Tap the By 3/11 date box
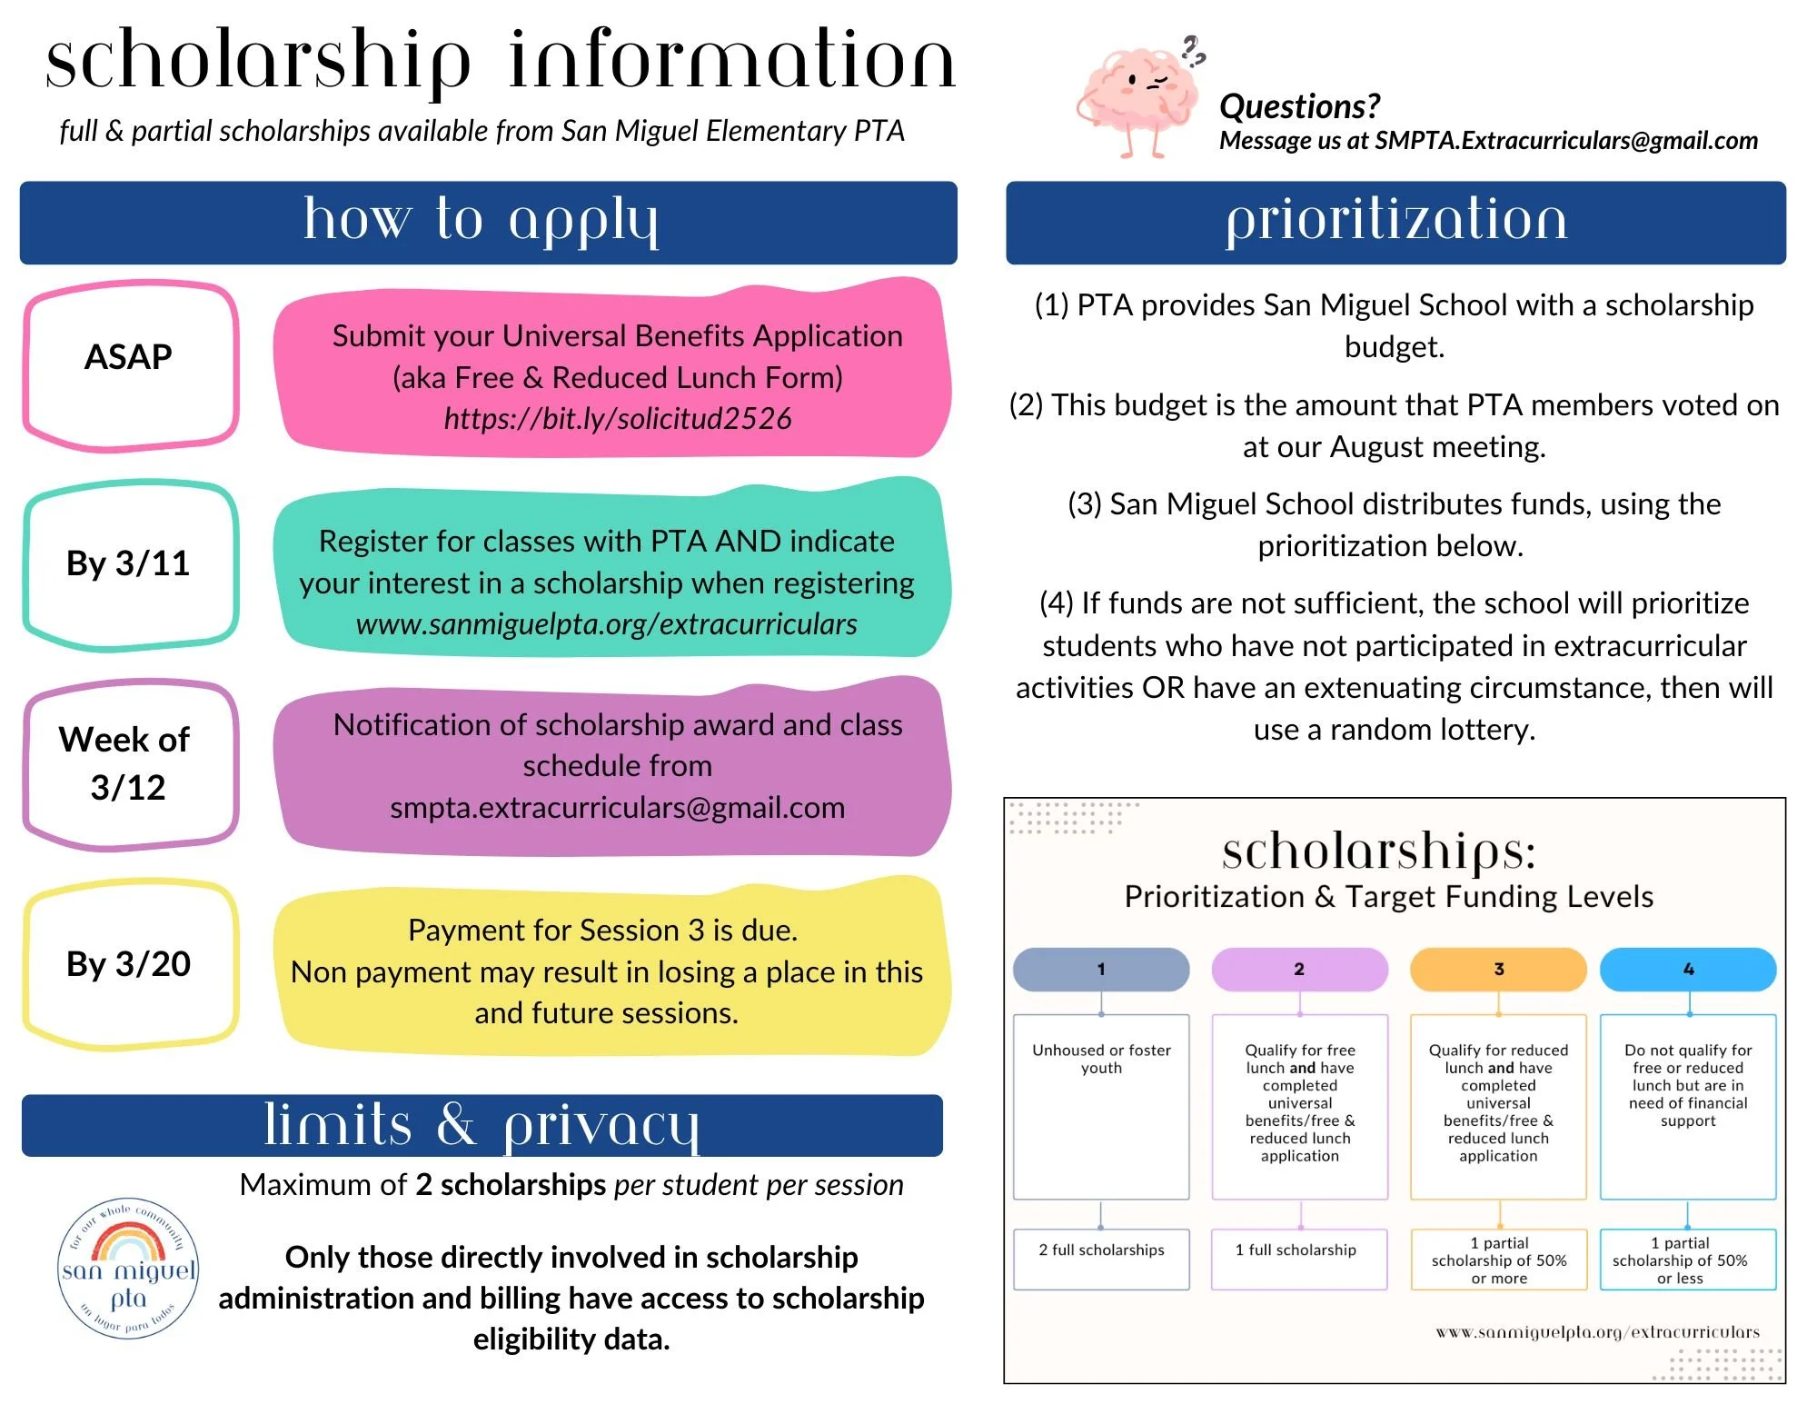point(130,563)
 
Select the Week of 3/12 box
point(130,763)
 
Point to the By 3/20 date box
point(130,963)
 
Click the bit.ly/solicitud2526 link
point(617,419)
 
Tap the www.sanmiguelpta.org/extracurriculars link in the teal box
point(606,624)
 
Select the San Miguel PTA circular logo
point(128,1269)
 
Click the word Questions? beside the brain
point(1299,106)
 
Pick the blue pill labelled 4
point(1688,970)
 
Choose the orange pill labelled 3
point(1498,970)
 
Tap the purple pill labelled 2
point(1299,970)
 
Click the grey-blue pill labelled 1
point(1101,970)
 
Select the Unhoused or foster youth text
point(1101,1059)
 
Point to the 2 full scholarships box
point(1101,1259)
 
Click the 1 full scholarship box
point(1299,1259)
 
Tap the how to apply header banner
point(488,223)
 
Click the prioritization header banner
point(1395,223)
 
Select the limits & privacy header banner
point(482,1125)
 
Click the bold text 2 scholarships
point(511,1185)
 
